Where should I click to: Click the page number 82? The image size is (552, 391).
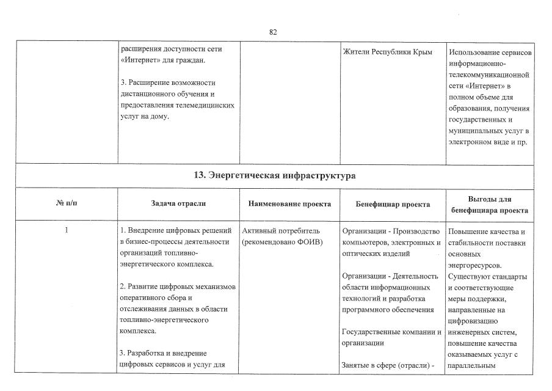[273, 32]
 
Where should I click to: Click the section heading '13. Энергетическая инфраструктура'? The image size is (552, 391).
[275, 175]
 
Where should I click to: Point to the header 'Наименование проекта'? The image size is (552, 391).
[290, 203]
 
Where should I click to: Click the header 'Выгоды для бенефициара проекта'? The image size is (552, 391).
[490, 204]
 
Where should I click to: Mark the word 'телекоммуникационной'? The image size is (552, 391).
[488, 75]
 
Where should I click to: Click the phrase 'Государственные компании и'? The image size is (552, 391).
[392, 332]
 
